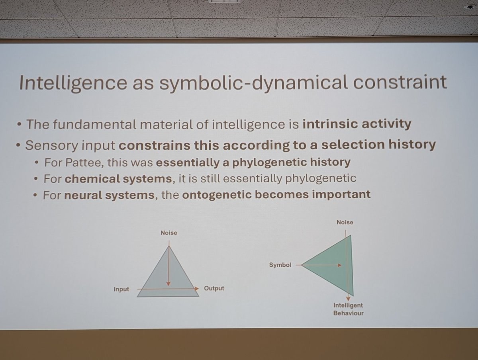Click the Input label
[x=121, y=289]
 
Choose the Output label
[x=214, y=288]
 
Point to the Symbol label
[x=280, y=264]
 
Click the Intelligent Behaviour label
[x=348, y=309]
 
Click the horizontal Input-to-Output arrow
[x=167, y=288]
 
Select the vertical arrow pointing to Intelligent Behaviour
[x=349, y=271]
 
